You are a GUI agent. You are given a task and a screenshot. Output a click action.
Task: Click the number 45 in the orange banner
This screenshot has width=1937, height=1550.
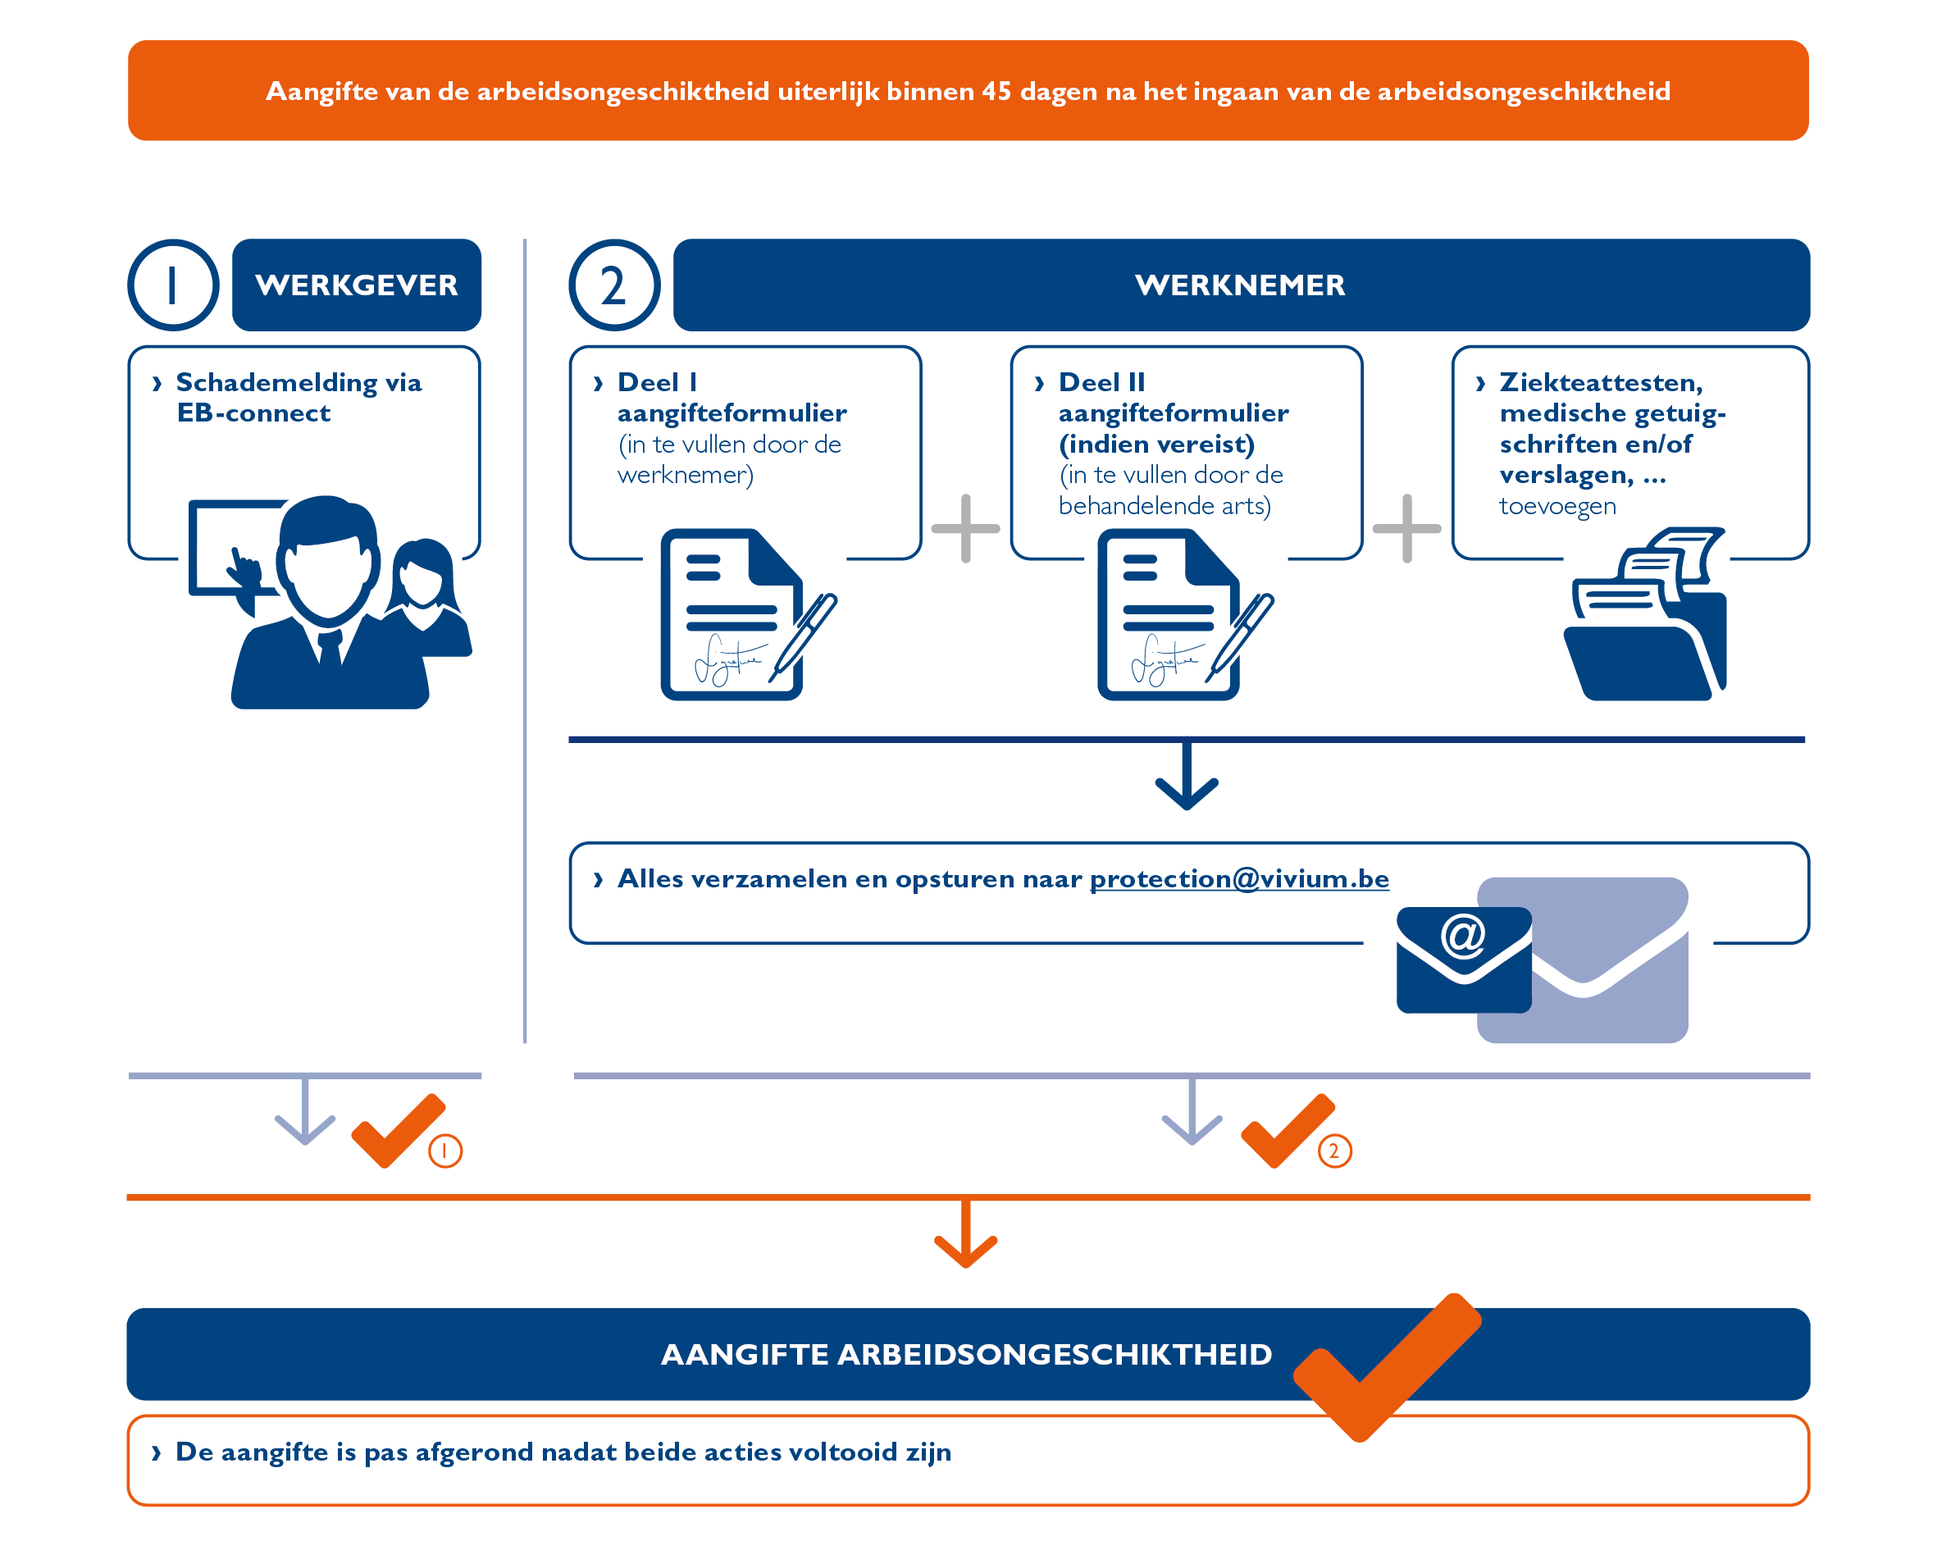[x=996, y=92]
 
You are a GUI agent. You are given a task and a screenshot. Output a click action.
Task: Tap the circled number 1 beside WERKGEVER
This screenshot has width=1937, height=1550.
[x=172, y=285]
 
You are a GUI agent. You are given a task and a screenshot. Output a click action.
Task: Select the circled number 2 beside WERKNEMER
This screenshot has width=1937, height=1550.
[x=613, y=285]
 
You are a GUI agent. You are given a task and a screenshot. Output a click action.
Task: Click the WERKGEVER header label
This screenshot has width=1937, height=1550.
[x=357, y=285]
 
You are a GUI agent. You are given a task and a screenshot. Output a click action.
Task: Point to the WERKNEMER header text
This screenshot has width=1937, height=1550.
[x=1240, y=285]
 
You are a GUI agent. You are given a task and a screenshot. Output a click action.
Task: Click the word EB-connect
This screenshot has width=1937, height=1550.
[x=254, y=413]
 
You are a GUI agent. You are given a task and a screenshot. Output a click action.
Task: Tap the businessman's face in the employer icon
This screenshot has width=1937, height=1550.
[x=327, y=566]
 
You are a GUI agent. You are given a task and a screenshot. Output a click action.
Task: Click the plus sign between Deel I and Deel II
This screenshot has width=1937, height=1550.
[x=966, y=528]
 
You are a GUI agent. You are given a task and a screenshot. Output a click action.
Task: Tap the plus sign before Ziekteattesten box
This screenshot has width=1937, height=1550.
[x=1407, y=528]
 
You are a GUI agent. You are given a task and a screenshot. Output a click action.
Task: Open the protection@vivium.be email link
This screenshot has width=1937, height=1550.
[x=1239, y=879]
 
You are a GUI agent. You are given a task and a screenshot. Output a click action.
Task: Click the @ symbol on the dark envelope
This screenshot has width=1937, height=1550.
[x=1464, y=937]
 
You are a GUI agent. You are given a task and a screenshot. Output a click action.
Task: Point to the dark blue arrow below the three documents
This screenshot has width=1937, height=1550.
[x=1187, y=778]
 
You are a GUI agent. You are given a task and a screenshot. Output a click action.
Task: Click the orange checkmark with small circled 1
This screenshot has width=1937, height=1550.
[x=398, y=1130]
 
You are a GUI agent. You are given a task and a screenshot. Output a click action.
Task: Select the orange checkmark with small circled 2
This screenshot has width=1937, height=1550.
[x=1288, y=1130]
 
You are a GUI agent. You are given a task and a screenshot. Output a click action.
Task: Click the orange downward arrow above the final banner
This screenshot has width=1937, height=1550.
[x=966, y=1237]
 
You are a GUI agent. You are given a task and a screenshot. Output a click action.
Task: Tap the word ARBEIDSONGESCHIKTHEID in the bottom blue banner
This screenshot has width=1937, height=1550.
[x=1054, y=1354]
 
